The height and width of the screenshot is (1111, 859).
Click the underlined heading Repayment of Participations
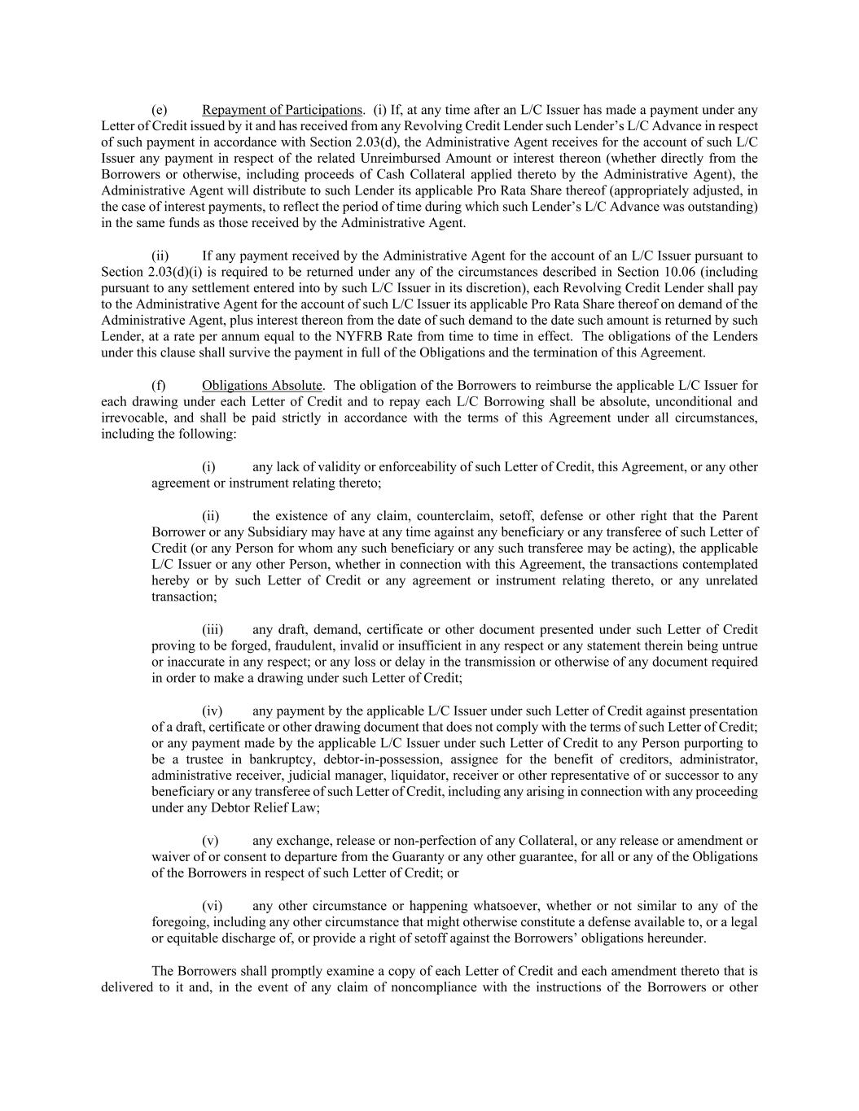(282, 110)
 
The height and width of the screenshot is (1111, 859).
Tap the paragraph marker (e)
(160, 110)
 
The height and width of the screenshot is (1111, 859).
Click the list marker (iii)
(213, 629)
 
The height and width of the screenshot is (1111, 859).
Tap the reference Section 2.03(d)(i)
(144, 272)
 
